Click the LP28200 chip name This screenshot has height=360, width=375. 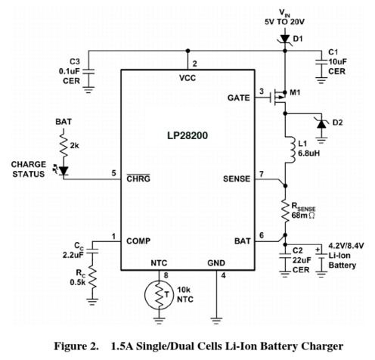click(187, 135)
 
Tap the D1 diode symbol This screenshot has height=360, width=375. click(285, 39)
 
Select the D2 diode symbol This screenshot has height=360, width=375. click(321, 124)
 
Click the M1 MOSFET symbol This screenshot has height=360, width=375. click(277, 97)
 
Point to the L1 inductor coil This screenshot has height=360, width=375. click(290, 150)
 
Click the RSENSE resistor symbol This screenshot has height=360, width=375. click(285, 211)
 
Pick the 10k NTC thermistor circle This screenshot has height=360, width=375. click(159, 295)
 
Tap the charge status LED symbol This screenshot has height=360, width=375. click(63, 170)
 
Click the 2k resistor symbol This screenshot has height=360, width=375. click(63, 146)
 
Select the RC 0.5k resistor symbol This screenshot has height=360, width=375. click(92, 278)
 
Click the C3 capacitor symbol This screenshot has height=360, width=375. click(88, 71)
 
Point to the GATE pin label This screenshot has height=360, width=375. click(238, 98)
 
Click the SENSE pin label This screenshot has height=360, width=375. click(237, 178)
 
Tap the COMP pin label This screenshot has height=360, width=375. click(138, 241)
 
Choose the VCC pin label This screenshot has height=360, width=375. click(187, 78)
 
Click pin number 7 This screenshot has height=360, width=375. click(262, 174)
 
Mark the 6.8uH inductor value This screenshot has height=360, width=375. click(309, 153)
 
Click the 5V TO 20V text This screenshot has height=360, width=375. click(284, 22)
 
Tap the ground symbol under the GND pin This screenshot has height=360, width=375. click(216, 321)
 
